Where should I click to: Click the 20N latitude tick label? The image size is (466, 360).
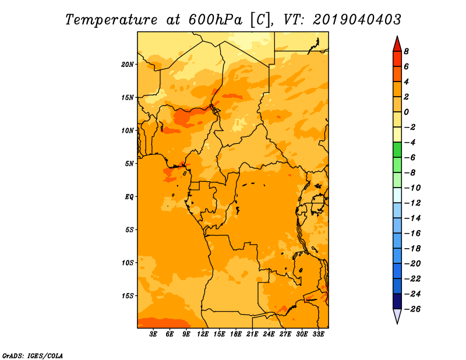[128, 65]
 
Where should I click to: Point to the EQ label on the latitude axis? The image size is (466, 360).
[129, 197]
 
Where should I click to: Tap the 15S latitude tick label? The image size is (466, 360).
[128, 296]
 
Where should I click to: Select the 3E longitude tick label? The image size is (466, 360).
[153, 334]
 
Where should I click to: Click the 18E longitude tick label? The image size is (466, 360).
[236, 334]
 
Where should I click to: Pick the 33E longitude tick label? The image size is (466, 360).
[318, 334]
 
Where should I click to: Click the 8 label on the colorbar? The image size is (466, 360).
[406, 51]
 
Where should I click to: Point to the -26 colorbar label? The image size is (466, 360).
[412, 309]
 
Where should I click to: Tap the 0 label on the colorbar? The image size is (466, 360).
[406, 112]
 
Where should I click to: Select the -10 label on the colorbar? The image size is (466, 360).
[412, 188]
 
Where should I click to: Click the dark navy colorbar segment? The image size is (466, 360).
[397, 301]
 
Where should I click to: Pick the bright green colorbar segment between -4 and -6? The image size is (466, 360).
[397, 150]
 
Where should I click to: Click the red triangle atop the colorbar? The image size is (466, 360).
[397, 44]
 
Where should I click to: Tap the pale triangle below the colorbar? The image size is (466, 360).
[397, 316]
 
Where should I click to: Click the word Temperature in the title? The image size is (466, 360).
[111, 20]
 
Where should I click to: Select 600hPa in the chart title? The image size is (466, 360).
[215, 20]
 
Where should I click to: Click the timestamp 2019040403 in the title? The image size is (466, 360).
[357, 20]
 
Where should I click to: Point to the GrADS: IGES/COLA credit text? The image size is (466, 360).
[33, 356]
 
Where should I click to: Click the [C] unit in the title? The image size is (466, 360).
[260, 20]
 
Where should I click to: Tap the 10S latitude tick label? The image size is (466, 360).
[128, 263]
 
